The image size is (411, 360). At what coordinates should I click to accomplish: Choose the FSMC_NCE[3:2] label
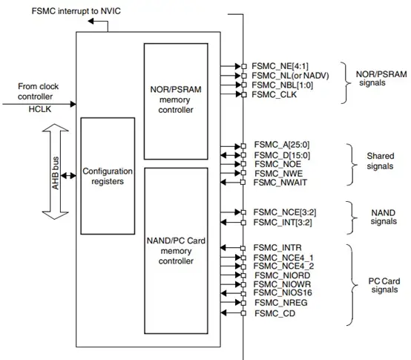tap(282, 212)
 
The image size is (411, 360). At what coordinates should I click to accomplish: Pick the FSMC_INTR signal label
tap(275, 247)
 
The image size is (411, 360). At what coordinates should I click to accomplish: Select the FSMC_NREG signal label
tap(277, 304)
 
